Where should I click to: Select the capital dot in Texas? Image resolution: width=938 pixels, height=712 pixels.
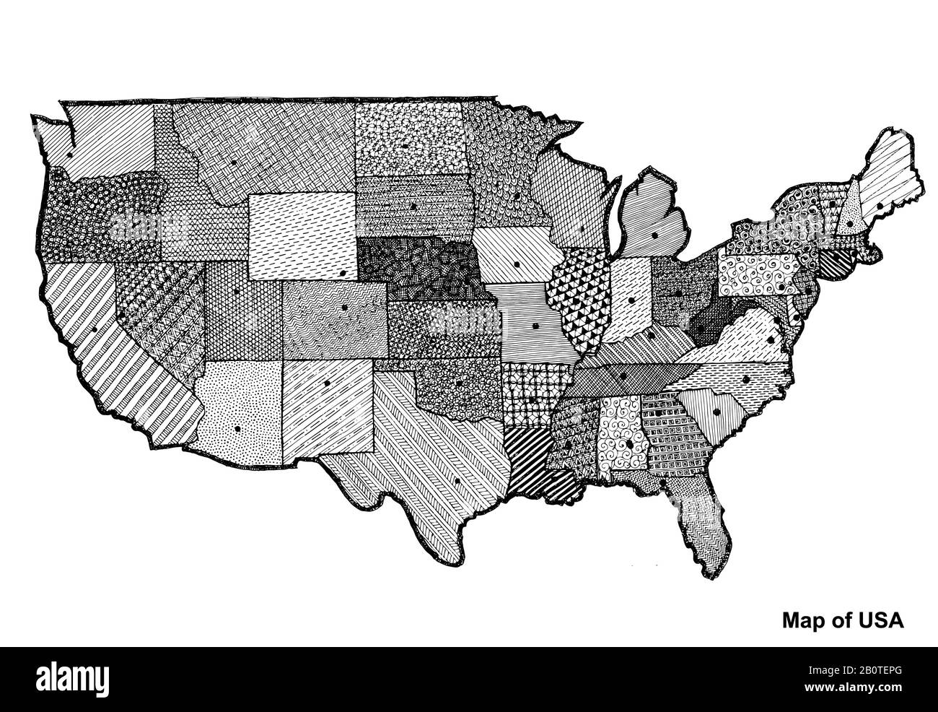pyautogui.click(x=457, y=482)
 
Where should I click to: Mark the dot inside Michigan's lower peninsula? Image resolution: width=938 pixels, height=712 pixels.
pyautogui.click(x=654, y=235)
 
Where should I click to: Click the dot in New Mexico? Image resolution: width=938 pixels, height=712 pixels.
pyautogui.click(x=327, y=383)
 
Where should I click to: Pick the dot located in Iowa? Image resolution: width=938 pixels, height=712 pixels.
pyautogui.click(x=517, y=265)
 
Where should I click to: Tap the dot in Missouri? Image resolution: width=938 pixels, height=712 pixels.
pyautogui.click(x=535, y=326)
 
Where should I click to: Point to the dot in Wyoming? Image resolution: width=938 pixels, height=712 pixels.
pyautogui.click(x=341, y=274)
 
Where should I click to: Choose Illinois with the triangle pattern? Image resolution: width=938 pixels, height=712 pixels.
pyautogui.click(x=577, y=303)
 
